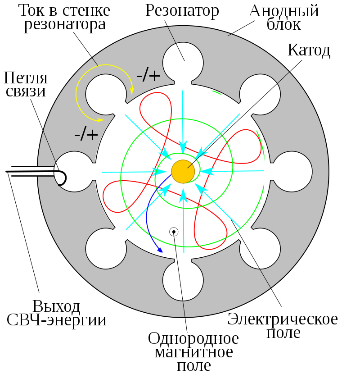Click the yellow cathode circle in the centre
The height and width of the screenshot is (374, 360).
click(x=183, y=172)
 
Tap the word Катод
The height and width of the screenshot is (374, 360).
click(x=309, y=50)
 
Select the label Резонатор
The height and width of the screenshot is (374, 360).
click(x=182, y=11)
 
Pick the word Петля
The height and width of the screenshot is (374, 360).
click(x=26, y=78)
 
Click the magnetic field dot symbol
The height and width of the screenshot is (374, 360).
click(x=174, y=232)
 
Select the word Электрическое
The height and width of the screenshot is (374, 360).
click(x=283, y=319)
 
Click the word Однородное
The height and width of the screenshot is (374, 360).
click(x=193, y=338)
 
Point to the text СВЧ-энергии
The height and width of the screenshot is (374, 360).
click(x=57, y=320)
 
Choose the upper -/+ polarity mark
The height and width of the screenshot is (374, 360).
click(x=148, y=75)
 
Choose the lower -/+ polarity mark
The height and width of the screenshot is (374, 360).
click(x=86, y=134)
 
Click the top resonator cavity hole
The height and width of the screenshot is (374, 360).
click(x=183, y=58)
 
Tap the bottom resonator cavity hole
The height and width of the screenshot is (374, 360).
click(x=183, y=285)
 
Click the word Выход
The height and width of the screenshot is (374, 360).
click(x=57, y=306)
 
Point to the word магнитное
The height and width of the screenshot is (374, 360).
click(x=193, y=352)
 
